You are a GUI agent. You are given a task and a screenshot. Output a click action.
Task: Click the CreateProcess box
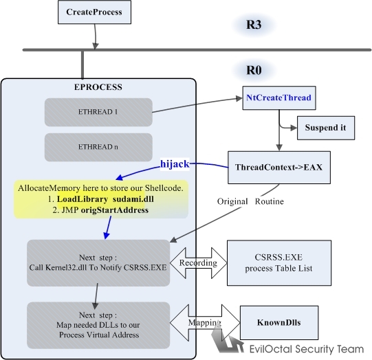[94, 12]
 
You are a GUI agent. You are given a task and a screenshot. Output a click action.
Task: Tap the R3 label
[254, 25]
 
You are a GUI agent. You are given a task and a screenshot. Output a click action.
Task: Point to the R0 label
[254, 70]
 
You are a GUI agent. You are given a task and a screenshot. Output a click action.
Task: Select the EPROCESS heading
[98, 87]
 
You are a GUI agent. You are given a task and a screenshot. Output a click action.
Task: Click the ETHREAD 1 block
[98, 112]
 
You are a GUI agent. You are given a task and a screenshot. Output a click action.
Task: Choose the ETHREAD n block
[98, 147]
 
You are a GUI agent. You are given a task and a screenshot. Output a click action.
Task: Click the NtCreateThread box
[279, 98]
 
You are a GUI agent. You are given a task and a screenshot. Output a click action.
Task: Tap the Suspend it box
[326, 128]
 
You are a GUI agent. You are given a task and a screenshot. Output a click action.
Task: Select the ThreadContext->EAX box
[279, 168]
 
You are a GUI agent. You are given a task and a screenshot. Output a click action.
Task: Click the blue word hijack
[175, 164]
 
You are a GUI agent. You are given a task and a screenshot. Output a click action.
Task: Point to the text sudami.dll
[133, 199]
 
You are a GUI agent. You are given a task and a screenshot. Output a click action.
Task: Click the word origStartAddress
[115, 210]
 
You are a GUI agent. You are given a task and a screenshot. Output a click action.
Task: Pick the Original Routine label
[250, 201]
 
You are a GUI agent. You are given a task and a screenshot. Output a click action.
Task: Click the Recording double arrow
[198, 263]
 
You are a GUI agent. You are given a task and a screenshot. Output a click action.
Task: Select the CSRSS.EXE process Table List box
[279, 263]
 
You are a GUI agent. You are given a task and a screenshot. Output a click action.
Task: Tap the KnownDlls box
[279, 322]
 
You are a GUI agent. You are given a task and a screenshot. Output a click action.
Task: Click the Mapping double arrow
[205, 322]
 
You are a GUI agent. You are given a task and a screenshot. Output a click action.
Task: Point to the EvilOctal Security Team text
[307, 349]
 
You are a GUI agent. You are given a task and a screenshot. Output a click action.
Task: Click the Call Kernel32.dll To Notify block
[98, 263]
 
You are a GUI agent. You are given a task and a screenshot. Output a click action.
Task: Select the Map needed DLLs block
[98, 325]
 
